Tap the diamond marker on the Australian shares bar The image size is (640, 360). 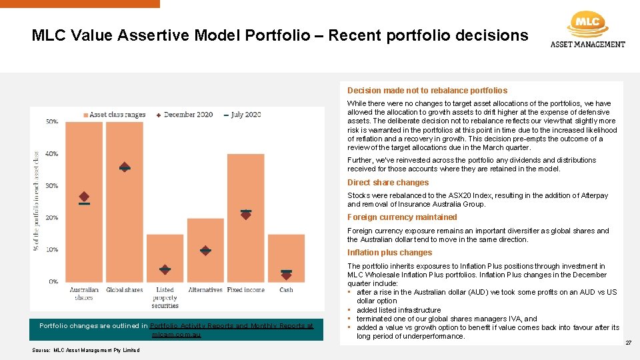tap(84, 197)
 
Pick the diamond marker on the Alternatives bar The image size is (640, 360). tap(205, 251)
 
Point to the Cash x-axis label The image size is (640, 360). tap(286, 290)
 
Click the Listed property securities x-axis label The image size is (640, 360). tap(165, 297)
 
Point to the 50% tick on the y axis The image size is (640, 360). tap(51, 122)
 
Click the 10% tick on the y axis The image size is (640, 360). tap(51, 250)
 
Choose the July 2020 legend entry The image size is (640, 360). tap(243, 115)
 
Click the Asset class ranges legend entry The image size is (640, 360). tap(114, 115)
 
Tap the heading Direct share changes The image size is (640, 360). tap(388, 183)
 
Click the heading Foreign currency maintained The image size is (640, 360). tap(402, 217)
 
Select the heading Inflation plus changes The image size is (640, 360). tap(389, 253)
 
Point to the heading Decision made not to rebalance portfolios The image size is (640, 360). tap(427, 91)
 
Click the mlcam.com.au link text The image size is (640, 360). tap(176, 335)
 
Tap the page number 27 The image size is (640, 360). tap(628, 343)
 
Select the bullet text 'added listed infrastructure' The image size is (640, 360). tap(399, 310)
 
